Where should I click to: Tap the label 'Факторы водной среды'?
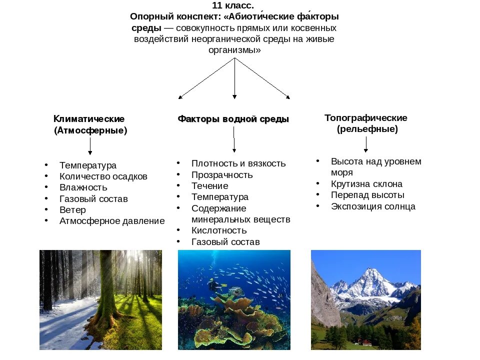click(233, 119)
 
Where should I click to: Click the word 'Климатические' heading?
click(89, 119)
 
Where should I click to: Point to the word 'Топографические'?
click(366, 118)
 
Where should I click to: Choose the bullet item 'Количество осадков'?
click(103, 176)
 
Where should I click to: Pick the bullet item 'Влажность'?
click(83, 187)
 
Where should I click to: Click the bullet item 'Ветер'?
click(72, 210)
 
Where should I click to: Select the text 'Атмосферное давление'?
click(112, 221)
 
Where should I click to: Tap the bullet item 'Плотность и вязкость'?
click(238, 163)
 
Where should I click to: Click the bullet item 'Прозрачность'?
click(222, 175)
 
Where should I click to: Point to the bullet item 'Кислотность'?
click(219, 230)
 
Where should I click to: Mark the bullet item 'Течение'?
click(209, 186)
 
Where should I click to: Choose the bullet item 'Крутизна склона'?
click(366, 184)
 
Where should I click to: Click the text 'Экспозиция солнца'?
click(373, 206)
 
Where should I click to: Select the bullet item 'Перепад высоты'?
click(367, 195)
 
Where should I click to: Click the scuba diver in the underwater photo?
click(214, 286)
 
